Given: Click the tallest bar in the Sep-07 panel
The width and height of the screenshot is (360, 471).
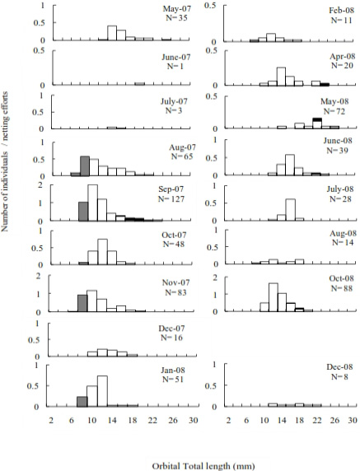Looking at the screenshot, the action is (x=93, y=203).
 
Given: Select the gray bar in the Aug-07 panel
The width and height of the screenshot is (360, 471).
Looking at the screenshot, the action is (x=85, y=166).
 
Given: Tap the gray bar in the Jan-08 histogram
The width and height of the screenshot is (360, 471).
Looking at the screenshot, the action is (x=82, y=402).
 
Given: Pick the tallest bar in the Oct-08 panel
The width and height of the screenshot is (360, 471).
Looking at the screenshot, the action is (x=274, y=297).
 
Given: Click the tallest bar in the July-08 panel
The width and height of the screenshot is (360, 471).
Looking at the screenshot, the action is (x=291, y=210).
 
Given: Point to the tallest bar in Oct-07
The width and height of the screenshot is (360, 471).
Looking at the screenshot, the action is (x=102, y=252).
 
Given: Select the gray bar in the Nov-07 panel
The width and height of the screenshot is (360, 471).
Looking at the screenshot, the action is (x=82, y=303).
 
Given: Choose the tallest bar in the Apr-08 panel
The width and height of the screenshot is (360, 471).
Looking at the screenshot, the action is (x=281, y=77).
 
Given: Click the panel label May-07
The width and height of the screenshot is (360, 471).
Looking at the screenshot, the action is (x=176, y=8).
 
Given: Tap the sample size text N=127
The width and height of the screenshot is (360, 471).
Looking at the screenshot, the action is (x=171, y=198).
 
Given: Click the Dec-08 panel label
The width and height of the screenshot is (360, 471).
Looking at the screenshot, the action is (x=339, y=366).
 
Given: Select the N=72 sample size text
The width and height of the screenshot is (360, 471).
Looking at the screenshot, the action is (x=334, y=112).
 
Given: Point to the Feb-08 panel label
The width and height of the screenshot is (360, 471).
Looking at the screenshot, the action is (x=341, y=11).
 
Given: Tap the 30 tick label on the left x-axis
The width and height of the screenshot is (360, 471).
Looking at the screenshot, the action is (x=194, y=420).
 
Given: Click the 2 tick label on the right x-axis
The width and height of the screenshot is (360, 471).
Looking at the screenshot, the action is (x=229, y=420).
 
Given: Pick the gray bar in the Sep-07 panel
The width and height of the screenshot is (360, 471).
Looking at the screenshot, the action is (x=83, y=212).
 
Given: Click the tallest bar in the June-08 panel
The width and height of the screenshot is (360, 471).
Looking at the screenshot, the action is (x=290, y=165).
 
